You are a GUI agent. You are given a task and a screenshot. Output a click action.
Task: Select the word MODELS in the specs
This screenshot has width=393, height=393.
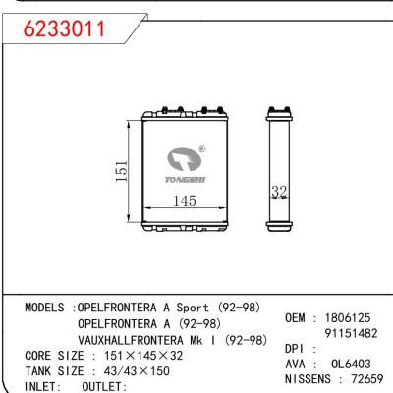coord(46,307)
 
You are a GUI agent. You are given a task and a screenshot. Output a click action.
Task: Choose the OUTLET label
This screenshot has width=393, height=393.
coord(104,387)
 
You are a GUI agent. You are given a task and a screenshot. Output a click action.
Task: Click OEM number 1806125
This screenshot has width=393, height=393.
coord(345,318)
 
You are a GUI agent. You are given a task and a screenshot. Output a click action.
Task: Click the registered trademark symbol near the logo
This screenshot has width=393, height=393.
coord(201,148)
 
